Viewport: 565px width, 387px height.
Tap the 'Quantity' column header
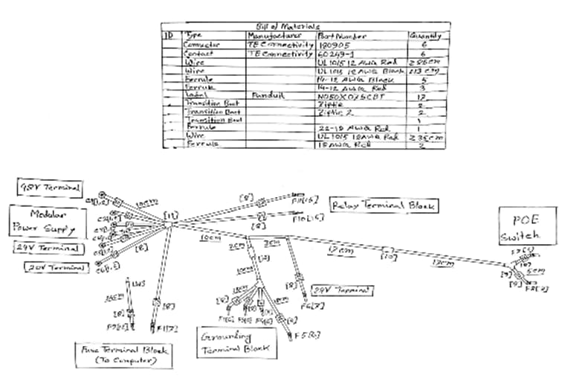pos(426,35)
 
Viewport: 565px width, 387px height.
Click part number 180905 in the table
pos(332,45)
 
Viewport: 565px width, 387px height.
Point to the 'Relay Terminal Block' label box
pos(384,205)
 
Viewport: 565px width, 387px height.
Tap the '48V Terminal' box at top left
pos(49,186)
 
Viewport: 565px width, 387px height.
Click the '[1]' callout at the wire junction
pos(172,216)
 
